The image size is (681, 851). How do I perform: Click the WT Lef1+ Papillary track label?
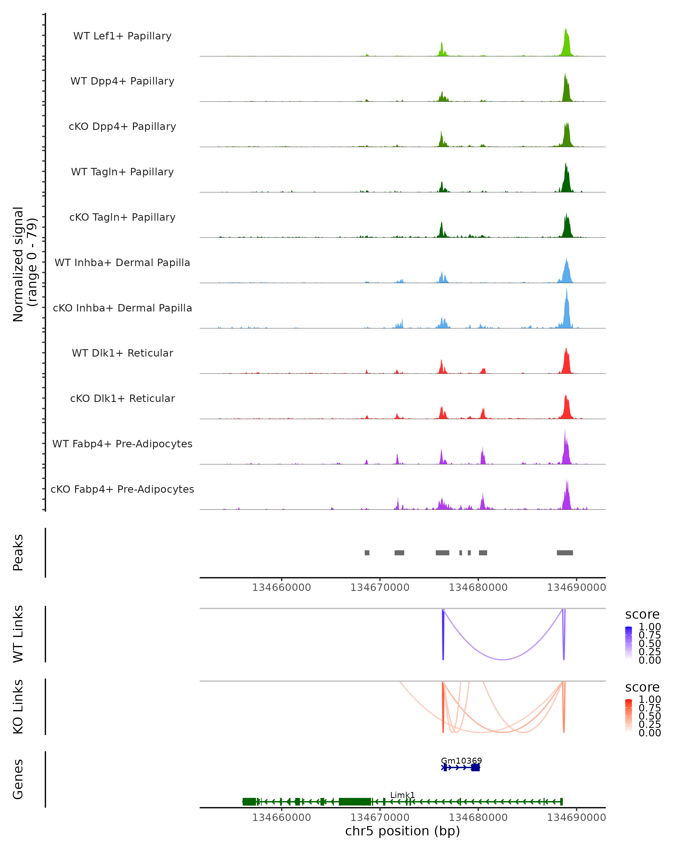pos(122,36)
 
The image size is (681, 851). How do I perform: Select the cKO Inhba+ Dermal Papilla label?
pos(122,308)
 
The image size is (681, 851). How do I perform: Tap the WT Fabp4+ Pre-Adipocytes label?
pos(122,444)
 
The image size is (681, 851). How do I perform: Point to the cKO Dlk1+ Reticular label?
pos(122,398)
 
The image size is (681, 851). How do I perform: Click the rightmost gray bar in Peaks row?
pos(565,553)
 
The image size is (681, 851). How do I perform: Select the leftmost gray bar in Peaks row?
pos(367,553)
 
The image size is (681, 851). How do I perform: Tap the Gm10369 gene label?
pos(461,761)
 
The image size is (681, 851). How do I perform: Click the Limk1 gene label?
pos(402,795)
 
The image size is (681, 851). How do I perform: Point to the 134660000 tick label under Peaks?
pos(281,587)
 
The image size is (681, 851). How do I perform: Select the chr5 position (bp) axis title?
pos(402,831)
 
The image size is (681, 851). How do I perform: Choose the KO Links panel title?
pos(18,707)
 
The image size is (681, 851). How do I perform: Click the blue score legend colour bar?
pos(629,643)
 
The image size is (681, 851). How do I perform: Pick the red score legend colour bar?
pos(629,715)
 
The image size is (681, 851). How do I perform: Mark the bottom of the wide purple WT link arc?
pos(503,659)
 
